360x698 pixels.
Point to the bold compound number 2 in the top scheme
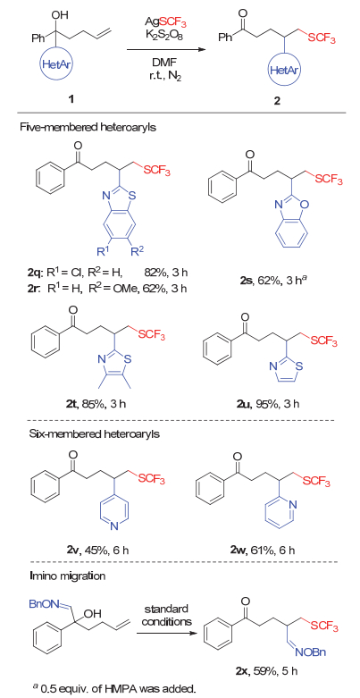[277, 101]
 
